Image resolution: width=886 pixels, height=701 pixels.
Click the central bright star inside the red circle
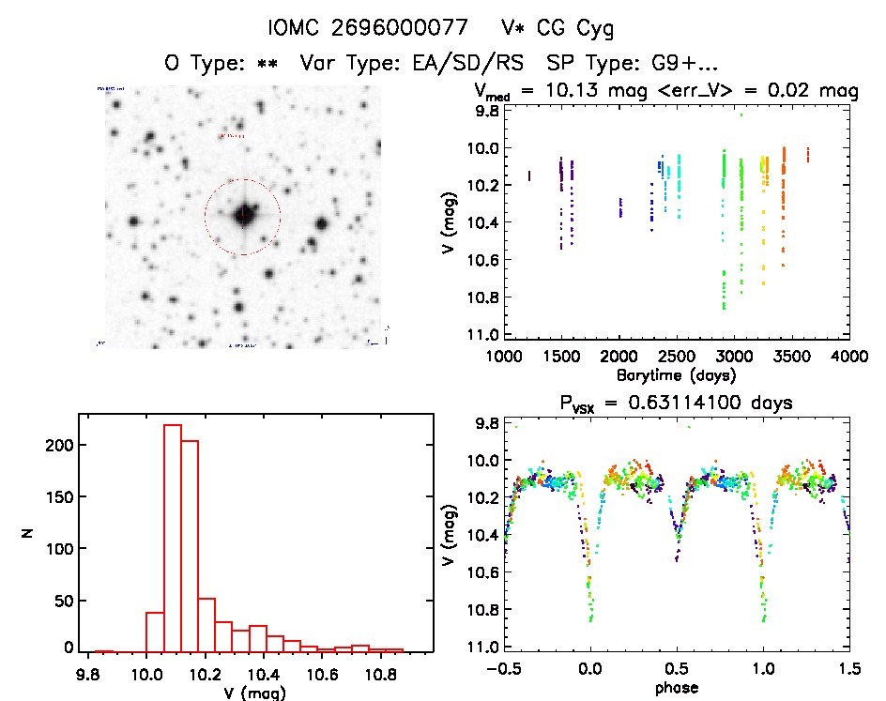[x=243, y=215]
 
